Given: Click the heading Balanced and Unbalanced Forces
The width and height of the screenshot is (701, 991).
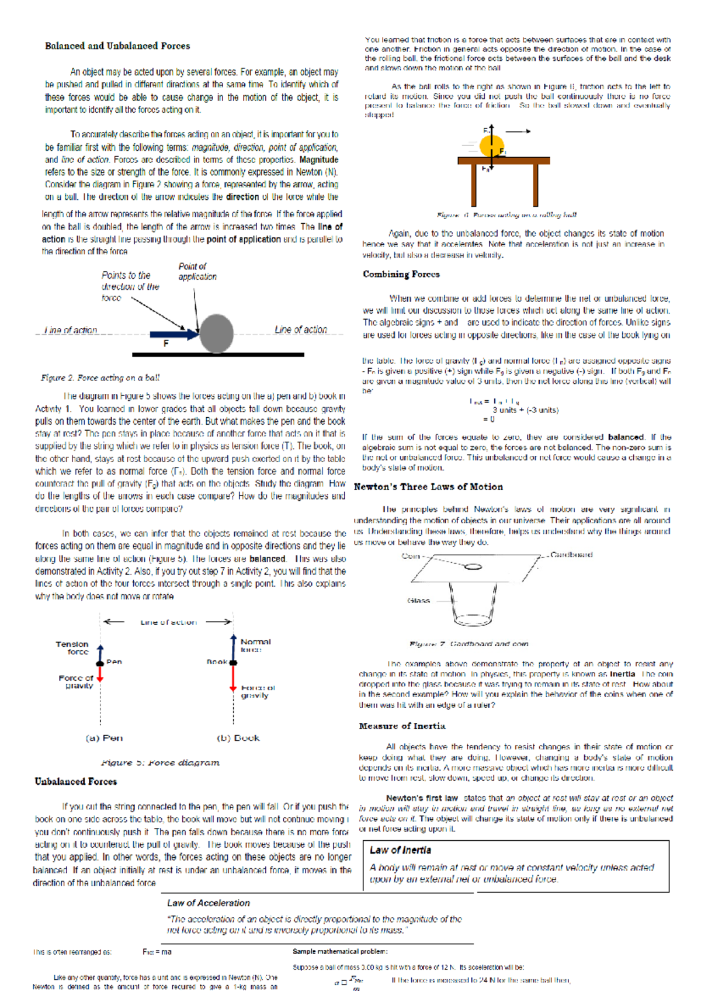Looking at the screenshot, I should point(117,46).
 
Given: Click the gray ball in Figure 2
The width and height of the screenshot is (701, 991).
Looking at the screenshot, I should point(217,334).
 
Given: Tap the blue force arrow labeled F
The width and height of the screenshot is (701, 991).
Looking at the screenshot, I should point(174,335).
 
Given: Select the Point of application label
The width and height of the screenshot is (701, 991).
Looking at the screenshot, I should point(197,272).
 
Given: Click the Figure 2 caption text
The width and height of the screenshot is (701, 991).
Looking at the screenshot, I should point(100,378).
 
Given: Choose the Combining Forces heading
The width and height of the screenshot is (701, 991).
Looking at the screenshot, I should point(401,274).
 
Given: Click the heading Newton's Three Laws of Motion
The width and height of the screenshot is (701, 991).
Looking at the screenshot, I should point(428,487).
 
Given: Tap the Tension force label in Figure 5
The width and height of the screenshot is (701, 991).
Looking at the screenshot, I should point(72,647).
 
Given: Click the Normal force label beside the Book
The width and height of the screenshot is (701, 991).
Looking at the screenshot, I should point(255,645).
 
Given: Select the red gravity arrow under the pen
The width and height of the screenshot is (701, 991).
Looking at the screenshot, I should point(100,674).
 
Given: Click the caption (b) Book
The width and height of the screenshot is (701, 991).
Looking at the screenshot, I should point(238,738).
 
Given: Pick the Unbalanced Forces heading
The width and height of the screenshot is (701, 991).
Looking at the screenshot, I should point(75,782).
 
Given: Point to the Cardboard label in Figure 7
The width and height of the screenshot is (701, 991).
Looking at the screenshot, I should point(571,555).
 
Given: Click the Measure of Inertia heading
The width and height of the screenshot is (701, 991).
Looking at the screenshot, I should point(402,726).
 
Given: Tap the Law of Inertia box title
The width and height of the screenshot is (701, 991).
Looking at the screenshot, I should point(400,851).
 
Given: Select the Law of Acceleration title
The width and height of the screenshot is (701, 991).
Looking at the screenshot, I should point(208,903).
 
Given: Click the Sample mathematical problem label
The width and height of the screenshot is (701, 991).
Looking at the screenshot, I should point(340,952).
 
